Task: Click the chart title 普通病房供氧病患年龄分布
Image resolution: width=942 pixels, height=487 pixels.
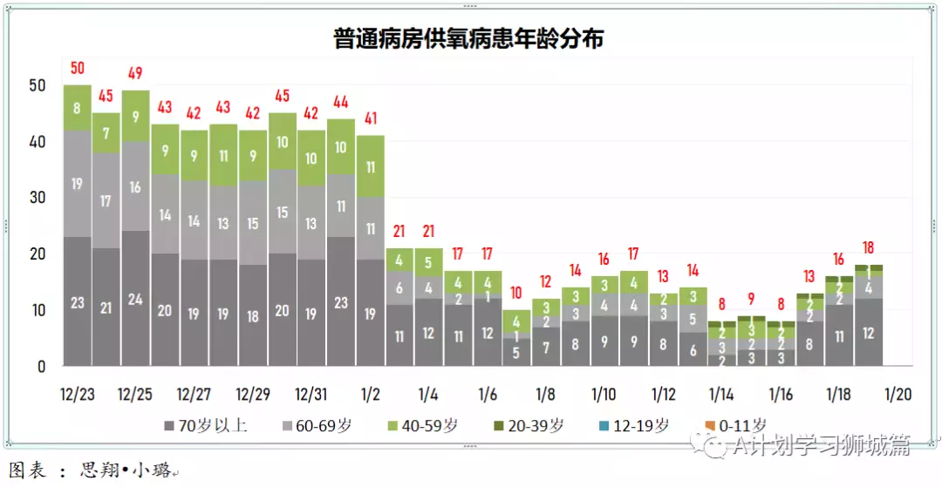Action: click(x=468, y=39)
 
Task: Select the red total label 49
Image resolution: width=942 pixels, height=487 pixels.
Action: click(x=135, y=74)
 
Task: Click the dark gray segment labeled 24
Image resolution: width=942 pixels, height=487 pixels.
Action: click(x=135, y=298)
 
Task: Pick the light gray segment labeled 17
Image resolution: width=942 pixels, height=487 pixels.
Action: click(x=106, y=201)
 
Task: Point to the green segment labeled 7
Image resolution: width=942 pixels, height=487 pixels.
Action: click(x=106, y=133)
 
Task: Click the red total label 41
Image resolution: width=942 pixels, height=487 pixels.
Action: click(x=370, y=118)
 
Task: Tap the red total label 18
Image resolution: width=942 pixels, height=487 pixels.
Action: click(x=868, y=247)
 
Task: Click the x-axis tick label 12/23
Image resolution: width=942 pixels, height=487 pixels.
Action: click(x=78, y=395)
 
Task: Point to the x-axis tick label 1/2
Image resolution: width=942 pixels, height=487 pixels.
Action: click(x=370, y=395)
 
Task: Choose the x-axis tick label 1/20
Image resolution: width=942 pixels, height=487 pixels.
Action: click(x=898, y=395)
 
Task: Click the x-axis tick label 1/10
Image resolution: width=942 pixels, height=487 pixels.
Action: click(x=604, y=395)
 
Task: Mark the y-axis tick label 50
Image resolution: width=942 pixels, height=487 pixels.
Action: click(x=37, y=85)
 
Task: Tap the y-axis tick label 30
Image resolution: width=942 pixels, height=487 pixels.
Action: click(x=37, y=198)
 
